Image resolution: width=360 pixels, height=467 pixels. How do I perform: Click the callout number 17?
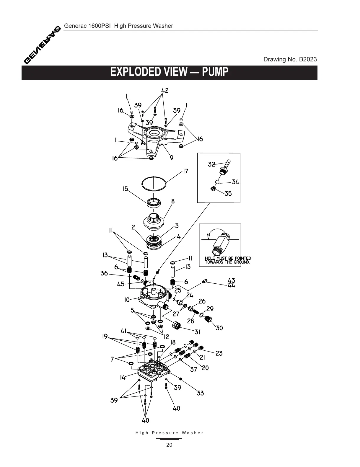[x=185, y=171]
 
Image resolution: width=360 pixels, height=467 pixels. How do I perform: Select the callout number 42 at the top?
[x=165, y=90]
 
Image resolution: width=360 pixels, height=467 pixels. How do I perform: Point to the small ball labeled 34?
[x=217, y=182]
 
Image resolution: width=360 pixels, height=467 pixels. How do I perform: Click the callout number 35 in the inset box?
[x=228, y=194]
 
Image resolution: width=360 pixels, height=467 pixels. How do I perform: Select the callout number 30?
[x=219, y=328]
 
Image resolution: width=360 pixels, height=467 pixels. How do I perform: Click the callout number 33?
[x=200, y=393]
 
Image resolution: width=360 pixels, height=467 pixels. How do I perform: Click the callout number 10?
[x=127, y=300]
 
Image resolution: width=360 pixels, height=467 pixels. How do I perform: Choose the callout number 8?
[x=173, y=201]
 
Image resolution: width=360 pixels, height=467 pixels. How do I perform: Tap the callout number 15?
[x=126, y=189]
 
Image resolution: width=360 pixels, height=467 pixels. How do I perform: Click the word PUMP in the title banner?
[x=215, y=72]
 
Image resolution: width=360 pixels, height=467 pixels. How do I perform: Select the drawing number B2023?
[x=308, y=59]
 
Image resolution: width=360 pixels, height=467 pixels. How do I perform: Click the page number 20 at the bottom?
[x=169, y=445]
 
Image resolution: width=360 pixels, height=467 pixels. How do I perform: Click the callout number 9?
[x=172, y=158]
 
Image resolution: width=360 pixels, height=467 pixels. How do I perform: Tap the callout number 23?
[x=219, y=353]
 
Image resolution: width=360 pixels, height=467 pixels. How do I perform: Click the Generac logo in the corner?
[x=42, y=45]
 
